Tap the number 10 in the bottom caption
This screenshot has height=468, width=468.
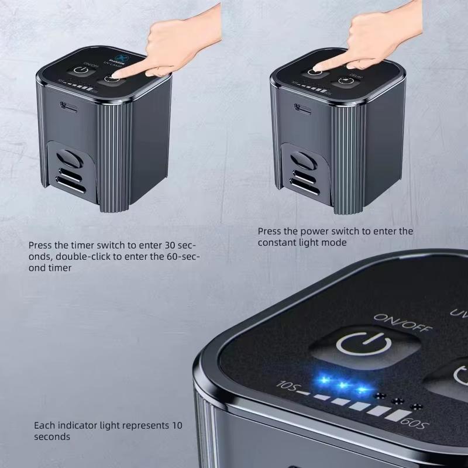tap(176, 425)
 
